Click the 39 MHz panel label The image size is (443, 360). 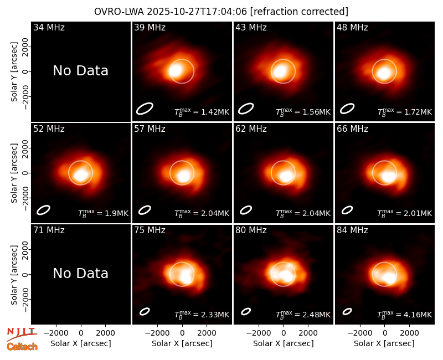[150, 27]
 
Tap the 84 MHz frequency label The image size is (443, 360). [352, 230]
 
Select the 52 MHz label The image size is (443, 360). [49, 129]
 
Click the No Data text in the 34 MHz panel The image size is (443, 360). [80, 71]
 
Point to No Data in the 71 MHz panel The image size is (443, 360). [80, 273]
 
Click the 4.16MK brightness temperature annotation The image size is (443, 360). [405, 315]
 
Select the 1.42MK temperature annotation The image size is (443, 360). [202, 112]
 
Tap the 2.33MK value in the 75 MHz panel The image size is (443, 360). [202, 315]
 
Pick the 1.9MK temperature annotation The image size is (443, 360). [104, 213]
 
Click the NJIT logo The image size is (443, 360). [22, 333]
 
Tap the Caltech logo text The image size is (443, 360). [22, 347]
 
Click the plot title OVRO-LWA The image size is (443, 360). [119, 12]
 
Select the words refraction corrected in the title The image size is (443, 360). [299, 12]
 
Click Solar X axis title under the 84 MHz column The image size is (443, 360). [384, 343]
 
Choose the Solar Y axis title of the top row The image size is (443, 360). [14, 72]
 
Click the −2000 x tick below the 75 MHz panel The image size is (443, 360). [157, 333]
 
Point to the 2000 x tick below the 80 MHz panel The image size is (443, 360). [308, 333]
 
